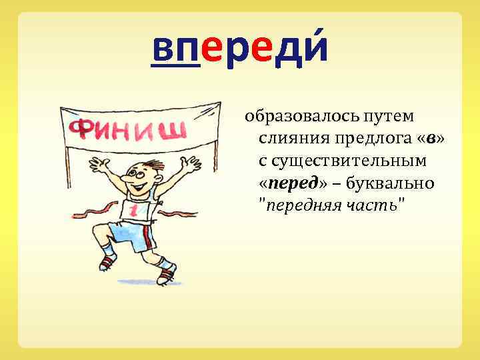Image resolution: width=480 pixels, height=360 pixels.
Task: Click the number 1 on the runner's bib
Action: pyautogui.click(x=133, y=211)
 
